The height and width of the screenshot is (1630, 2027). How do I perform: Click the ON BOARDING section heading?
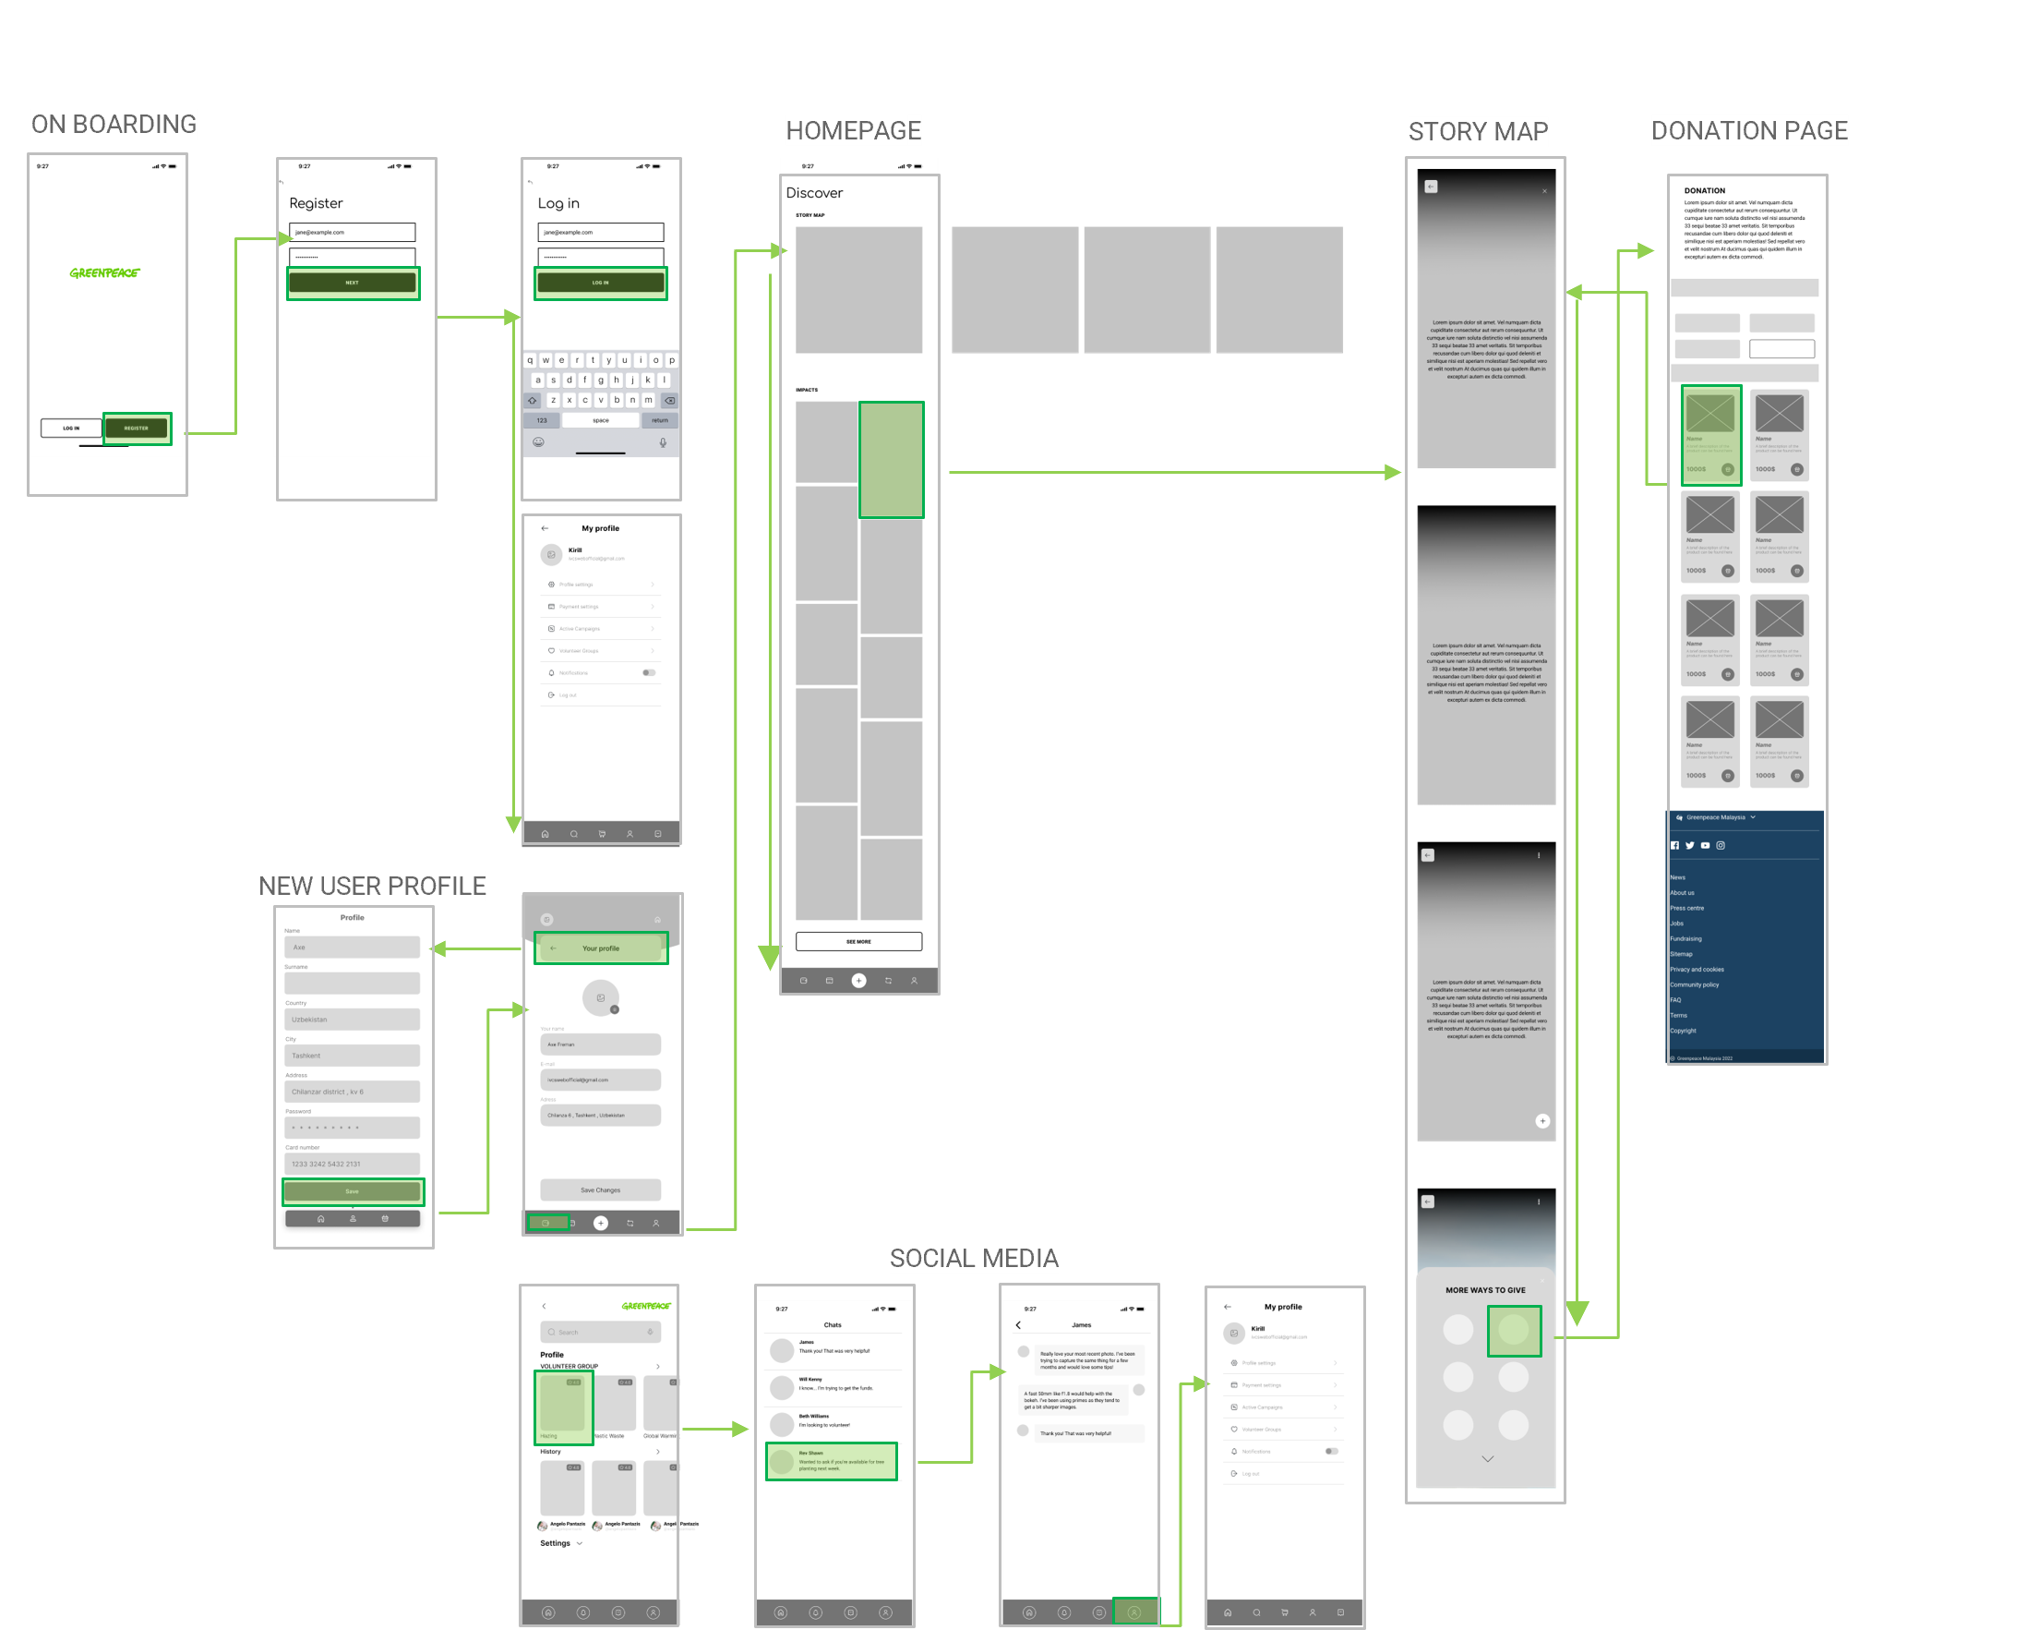pyautogui.click(x=114, y=125)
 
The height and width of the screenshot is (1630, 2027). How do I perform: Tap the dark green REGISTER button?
pyautogui.click(x=137, y=428)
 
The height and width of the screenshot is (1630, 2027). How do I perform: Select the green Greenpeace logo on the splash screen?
pyautogui.click(x=104, y=272)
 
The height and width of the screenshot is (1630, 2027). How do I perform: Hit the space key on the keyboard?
pyautogui.click(x=601, y=420)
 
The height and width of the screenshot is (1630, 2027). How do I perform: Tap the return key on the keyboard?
pyautogui.click(x=660, y=420)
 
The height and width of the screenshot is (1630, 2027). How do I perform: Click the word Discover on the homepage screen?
pyautogui.click(x=814, y=193)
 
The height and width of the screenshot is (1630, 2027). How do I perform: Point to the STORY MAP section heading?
pyautogui.click(x=1478, y=132)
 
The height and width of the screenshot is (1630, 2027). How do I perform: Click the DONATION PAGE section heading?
pyautogui.click(x=1749, y=131)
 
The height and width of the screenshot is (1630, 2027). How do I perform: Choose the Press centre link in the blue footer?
pyautogui.click(x=1686, y=909)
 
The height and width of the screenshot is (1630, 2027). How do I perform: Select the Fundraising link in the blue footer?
pyautogui.click(x=1685, y=938)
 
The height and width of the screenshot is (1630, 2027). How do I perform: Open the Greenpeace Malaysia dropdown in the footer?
pyautogui.click(x=1717, y=817)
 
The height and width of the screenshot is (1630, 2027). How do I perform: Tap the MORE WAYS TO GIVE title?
pyautogui.click(x=1485, y=1290)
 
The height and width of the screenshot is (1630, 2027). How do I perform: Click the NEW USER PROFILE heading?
pyautogui.click(x=372, y=886)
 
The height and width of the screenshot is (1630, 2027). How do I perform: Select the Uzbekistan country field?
pyautogui.click(x=352, y=1020)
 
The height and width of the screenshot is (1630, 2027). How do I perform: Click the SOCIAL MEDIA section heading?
pyautogui.click(x=974, y=1259)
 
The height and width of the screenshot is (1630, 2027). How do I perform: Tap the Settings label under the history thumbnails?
pyautogui.click(x=556, y=1543)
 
